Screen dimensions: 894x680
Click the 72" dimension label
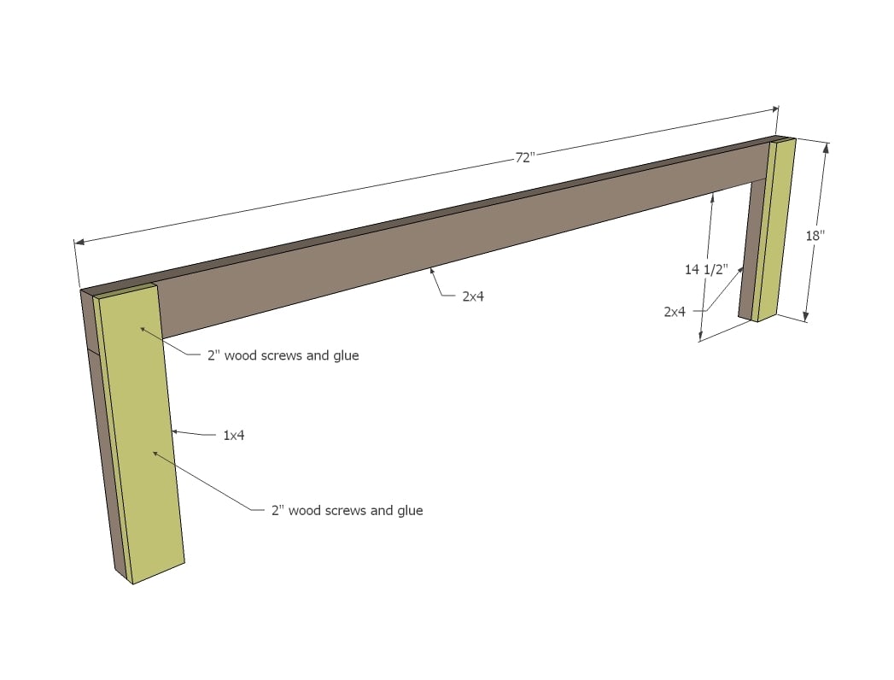click(x=525, y=157)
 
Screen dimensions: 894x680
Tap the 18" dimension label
click(x=815, y=235)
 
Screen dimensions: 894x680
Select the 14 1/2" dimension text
click(x=706, y=269)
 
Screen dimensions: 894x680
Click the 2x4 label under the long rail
click(x=473, y=296)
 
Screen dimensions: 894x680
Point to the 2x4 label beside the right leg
click(x=675, y=312)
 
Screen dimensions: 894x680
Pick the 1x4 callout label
click(x=234, y=436)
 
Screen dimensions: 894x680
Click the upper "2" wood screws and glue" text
click(x=283, y=355)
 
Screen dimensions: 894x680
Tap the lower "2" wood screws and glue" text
click(x=348, y=510)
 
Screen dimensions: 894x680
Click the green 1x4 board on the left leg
click(x=140, y=434)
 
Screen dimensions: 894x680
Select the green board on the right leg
click(x=774, y=229)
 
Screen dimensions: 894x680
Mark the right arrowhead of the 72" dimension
click(x=774, y=108)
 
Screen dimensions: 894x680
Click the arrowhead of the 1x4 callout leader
click(x=175, y=432)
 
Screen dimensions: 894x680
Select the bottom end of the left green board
click(x=159, y=572)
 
